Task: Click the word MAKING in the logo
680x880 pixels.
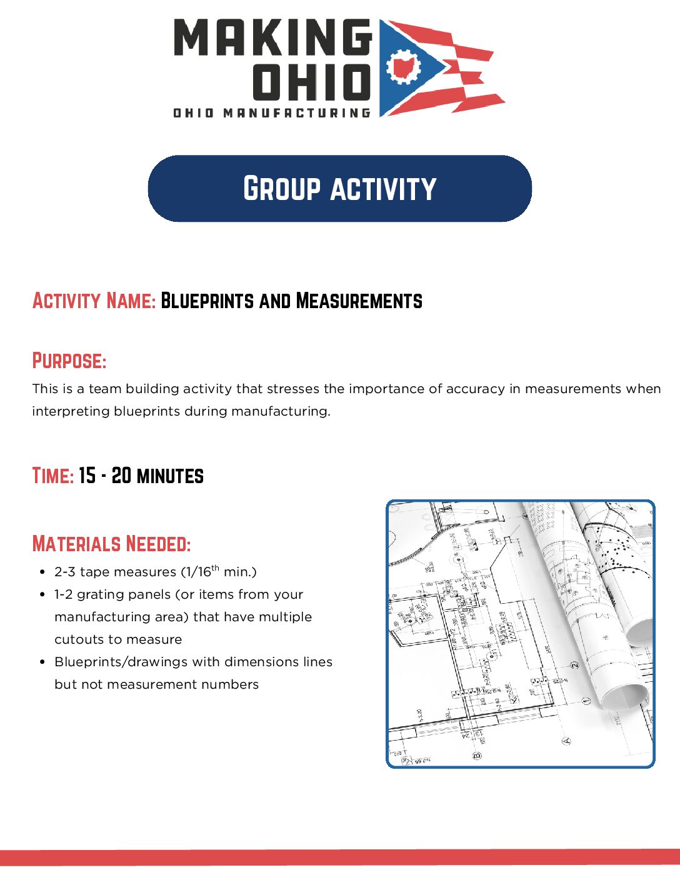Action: click(272, 37)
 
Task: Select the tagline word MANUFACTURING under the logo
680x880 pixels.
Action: click(297, 113)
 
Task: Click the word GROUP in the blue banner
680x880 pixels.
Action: click(282, 189)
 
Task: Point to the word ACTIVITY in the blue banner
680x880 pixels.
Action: click(383, 189)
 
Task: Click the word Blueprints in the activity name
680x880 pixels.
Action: click(207, 301)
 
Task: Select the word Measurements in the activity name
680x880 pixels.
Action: click(359, 301)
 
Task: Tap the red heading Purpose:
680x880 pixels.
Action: click(69, 361)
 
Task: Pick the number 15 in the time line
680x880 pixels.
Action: click(87, 476)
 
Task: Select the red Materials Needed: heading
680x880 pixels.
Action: click(111, 544)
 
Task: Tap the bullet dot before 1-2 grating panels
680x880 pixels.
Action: click(42, 594)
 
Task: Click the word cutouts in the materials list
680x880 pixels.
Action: click(77, 639)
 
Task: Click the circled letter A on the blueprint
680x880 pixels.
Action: click(567, 741)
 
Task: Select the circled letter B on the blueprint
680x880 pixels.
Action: click(477, 756)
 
